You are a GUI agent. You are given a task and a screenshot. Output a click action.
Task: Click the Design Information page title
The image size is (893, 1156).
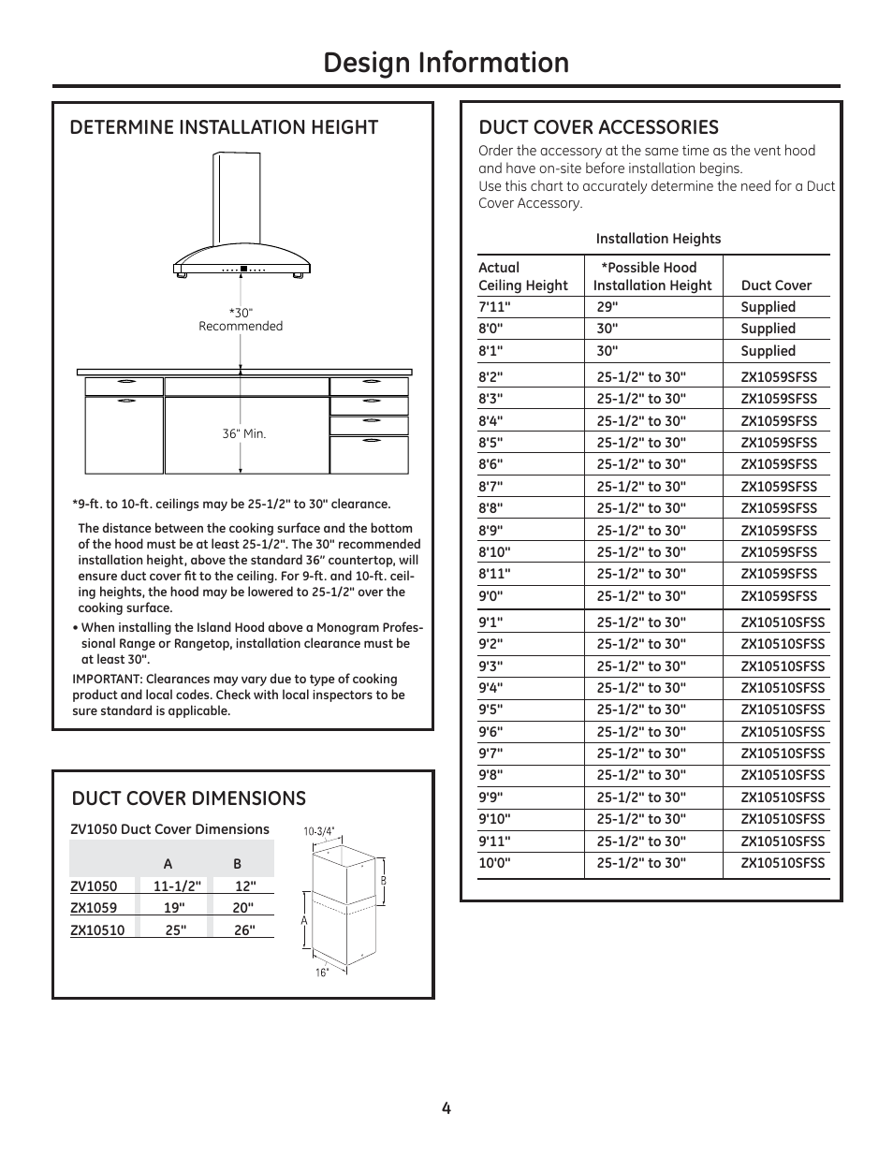(x=446, y=63)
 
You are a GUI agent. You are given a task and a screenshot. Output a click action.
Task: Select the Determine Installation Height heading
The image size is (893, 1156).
(x=224, y=127)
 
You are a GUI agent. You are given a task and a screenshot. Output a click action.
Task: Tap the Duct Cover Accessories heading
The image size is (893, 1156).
(x=598, y=127)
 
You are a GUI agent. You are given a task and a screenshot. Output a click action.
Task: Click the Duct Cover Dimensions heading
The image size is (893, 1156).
(x=188, y=797)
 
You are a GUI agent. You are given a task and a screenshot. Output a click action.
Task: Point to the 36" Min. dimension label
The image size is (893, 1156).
(x=243, y=434)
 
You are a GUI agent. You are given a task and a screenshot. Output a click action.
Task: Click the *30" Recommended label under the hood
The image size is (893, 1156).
(x=241, y=319)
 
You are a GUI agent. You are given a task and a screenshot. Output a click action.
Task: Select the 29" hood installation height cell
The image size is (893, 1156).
(x=607, y=307)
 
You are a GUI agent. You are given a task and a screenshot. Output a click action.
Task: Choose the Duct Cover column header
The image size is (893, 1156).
(x=776, y=285)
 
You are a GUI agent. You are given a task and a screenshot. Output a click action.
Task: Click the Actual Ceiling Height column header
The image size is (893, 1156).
(x=522, y=276)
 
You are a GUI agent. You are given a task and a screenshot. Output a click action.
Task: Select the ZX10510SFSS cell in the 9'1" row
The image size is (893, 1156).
(x=783, y=622)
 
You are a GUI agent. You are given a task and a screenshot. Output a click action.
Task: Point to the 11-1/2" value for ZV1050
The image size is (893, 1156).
(x=177, y=886)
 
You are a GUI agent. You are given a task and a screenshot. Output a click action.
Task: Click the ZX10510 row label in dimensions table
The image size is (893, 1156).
(x=97, y=930)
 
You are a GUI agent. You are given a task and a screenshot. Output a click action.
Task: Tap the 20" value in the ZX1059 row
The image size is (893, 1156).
(x=243, y=908)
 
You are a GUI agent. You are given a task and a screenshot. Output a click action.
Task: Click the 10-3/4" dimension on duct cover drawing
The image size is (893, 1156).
(x=319, y=831)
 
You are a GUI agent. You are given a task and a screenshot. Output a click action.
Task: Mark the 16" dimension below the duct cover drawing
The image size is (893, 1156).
(x=322, y=973)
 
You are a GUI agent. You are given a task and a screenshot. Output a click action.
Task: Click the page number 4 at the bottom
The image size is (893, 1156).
(x=446, y=1108)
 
